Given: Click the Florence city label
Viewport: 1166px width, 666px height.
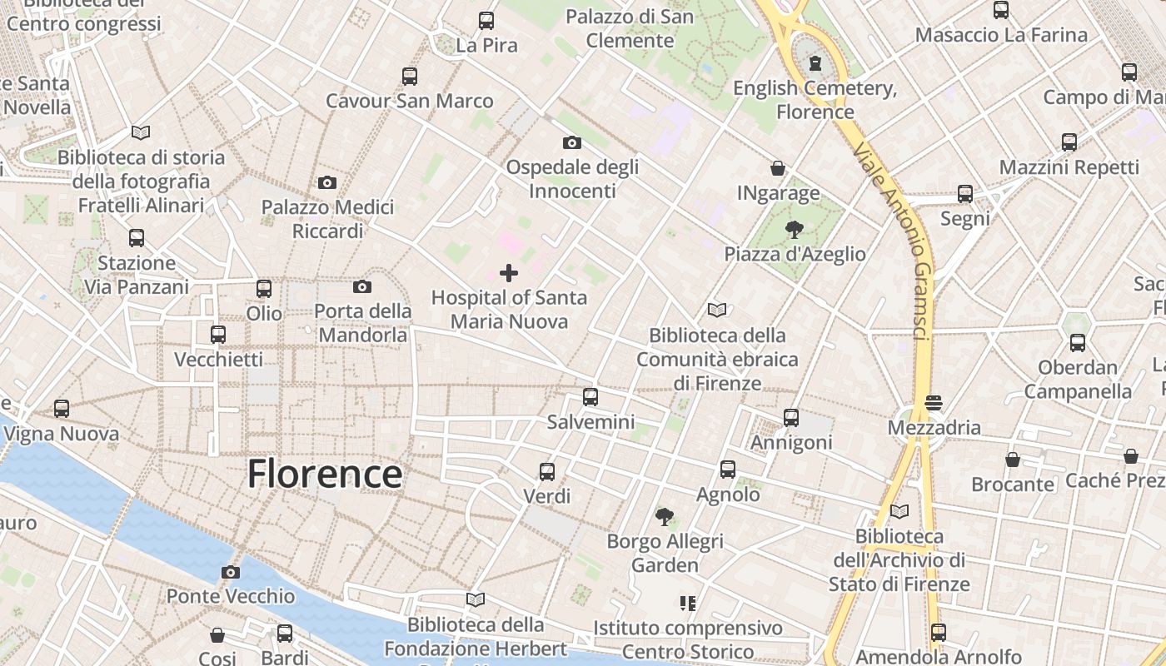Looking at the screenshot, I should pos(325,475).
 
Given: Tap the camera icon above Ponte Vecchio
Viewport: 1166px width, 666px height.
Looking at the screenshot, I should pos(231,572).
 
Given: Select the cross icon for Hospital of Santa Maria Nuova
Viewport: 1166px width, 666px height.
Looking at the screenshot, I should pos(508,273).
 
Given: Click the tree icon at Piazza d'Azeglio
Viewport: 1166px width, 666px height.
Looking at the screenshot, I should pos(795,230).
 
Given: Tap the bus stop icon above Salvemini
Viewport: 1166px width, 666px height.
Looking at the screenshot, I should pos(590,397).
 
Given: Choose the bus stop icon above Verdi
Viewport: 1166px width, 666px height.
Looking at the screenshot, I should pos(547,472).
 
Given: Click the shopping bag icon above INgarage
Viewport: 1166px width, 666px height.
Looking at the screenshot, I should pos(778,169).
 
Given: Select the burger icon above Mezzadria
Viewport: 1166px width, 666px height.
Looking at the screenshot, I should pos(934,403).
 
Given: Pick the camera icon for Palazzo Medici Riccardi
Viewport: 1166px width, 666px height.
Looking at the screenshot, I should pos(327,182).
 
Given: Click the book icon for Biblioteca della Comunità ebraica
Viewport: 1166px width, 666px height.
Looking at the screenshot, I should pos(717,311).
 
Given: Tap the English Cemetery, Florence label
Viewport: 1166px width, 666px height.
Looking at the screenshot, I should pos(815,100).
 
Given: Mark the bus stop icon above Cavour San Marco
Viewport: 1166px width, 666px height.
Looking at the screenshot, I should pos(409,77).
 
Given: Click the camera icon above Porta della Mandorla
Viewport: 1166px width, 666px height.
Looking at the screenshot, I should pos(362,287).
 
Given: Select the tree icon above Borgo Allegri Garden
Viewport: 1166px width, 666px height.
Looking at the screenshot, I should pos(664,517).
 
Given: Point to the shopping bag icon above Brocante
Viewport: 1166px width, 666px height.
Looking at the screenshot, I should pos(1013,460).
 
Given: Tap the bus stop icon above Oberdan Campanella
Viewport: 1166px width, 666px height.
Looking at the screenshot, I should pos(1078,343).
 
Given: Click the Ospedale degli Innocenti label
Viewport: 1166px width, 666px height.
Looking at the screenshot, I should pos(572,179).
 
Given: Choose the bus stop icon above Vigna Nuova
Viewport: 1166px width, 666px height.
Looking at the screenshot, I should pos(62,409).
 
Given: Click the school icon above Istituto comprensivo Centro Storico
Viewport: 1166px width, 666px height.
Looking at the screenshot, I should pos(688,603).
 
